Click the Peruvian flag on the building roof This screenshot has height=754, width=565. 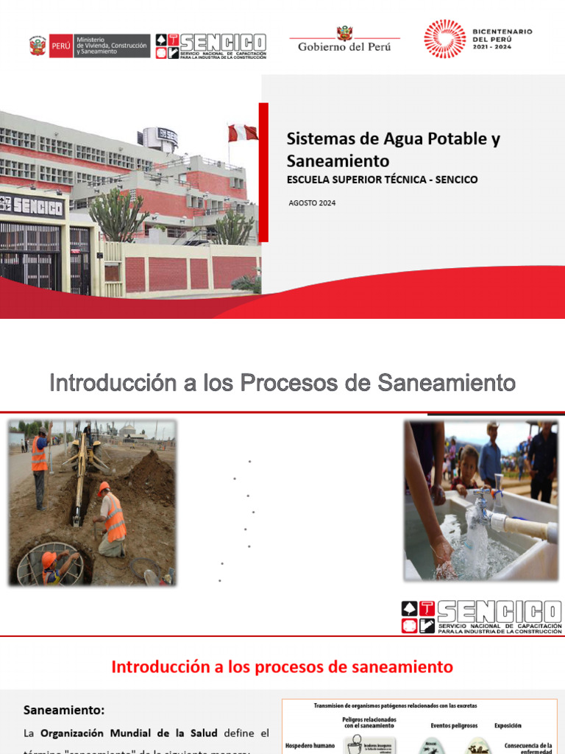click(x=243, y=133)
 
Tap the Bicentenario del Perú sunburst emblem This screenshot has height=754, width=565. click(x=444, y=39)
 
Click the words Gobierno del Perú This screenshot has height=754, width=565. click(x=344, y=47)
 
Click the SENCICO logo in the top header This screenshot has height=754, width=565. click(x=211, y=46)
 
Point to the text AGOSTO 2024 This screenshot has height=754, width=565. click(x=312, y=202)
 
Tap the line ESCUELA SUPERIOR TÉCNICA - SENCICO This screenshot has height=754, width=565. click(x=382, y=180)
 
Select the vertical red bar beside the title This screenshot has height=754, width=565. click(x=263, y=172)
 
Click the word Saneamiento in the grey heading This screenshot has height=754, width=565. click(x=447, y=383)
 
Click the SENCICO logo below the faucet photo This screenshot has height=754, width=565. click(x=482, y=617)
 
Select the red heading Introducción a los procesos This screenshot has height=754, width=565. click(x=282, y=667)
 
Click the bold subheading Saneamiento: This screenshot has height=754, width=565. click(x=64, y=711)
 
